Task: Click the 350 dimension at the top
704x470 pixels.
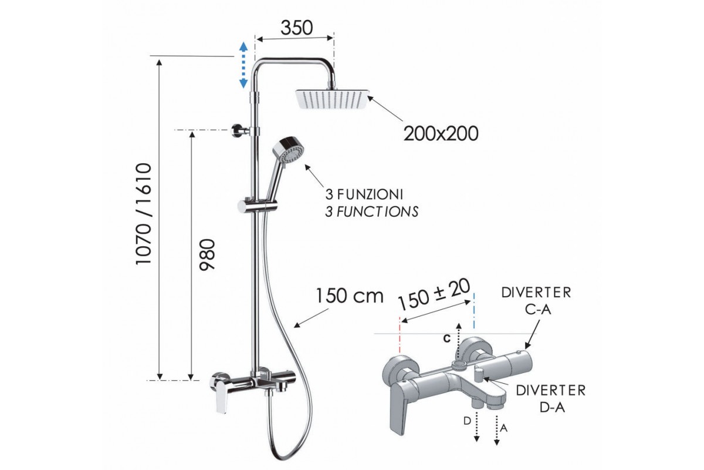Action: coord(297,28)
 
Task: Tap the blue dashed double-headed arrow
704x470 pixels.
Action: coord(243,65)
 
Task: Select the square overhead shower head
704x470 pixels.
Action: coord(333,99)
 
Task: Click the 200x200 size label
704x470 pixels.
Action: coord(441,133)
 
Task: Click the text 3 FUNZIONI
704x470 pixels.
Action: coord(364,194)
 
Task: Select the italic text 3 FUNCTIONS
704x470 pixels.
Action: coord(372,212)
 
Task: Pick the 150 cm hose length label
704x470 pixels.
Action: coord(350,296)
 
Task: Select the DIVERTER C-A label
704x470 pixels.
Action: coord(536,301)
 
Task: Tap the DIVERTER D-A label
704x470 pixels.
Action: coord(551,399)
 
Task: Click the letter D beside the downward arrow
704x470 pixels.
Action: coord(468,421)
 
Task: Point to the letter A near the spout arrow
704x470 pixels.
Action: coord(503,428)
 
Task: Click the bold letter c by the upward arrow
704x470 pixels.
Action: coord(447,338)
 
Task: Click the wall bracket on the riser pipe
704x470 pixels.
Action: coord(239,130)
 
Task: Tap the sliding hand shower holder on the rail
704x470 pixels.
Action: coord(257,205)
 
